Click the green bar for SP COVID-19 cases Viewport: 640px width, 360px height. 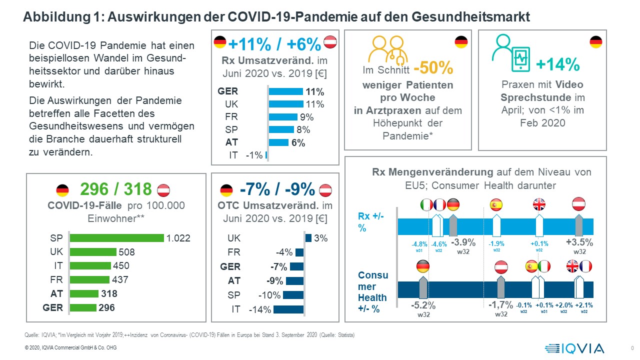click(x=116, y=238)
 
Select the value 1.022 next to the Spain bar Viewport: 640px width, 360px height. click(x=178, y=238)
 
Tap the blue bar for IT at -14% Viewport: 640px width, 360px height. click(x=288, y=309)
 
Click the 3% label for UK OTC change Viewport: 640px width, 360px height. click(x=321, y=238)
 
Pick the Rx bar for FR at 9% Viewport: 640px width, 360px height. click(x=283, y=117)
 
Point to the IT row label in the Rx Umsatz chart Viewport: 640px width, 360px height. click(x=233, y=155)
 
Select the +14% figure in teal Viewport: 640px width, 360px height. click(x=557, y=64)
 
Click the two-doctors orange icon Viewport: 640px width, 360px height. click(x=387, y=49)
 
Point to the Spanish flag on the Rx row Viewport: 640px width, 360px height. click(x=496, y=204)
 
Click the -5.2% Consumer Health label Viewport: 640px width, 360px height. click(x=423, y=305)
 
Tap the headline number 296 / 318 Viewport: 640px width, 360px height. click(x=115, y=189)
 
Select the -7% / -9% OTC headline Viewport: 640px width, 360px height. click(x=277, y=189)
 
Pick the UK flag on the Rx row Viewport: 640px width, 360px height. click(x=539, y=204)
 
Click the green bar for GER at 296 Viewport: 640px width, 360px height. click(x=83, y=307)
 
